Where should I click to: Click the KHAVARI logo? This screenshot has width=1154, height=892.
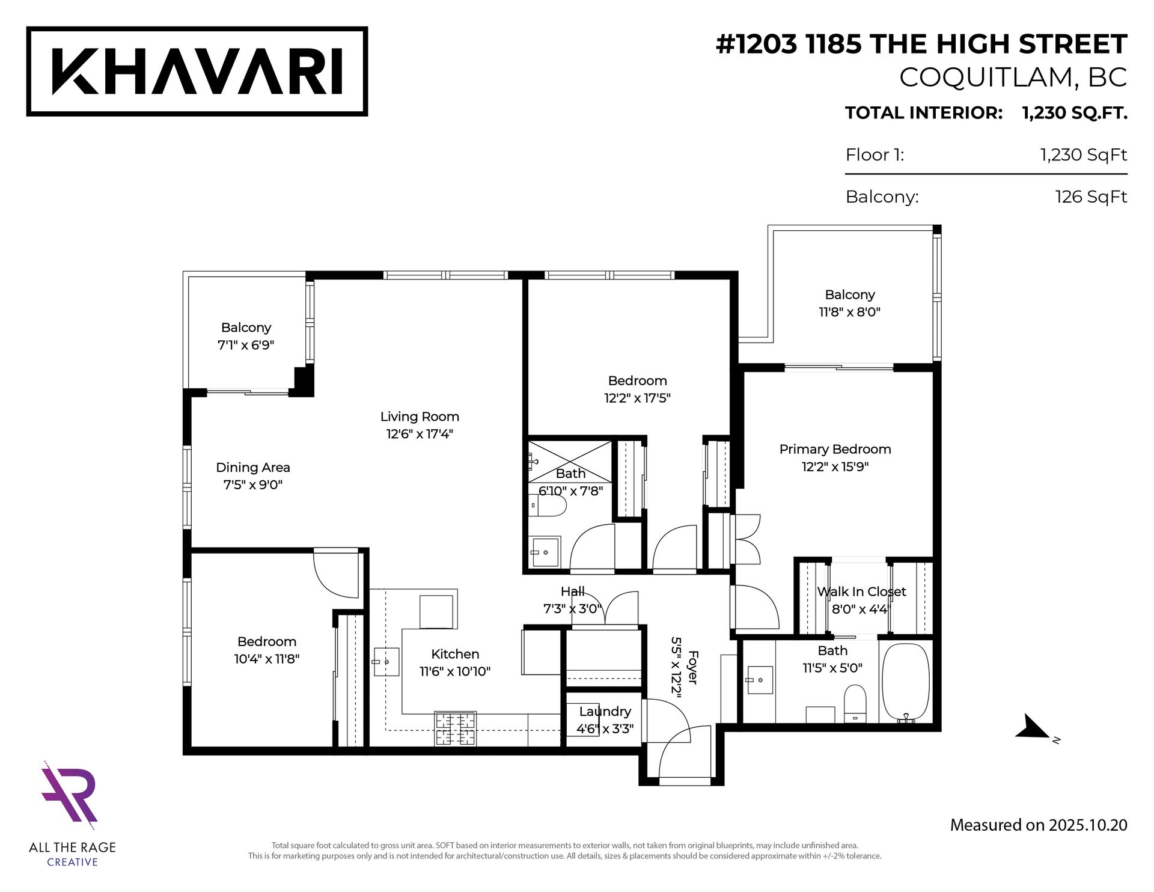(197, 71)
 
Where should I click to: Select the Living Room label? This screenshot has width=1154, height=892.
(420, 417)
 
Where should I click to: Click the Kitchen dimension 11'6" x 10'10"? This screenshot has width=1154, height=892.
(455, 671)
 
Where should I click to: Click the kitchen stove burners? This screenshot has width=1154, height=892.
(456, 729)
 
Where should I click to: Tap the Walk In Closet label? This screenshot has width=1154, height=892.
(861, 591)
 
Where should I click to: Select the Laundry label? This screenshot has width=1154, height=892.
(605, 712)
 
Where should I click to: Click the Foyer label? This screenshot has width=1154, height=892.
(692, 667)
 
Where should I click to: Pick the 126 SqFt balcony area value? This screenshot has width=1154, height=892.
(1091, 197)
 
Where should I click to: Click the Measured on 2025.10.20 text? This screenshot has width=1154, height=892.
(1039, 825)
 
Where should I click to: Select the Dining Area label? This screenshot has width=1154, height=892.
(253, 467)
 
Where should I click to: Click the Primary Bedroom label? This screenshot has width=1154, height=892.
(835, 449)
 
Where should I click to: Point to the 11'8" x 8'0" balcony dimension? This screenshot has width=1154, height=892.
(849, 312)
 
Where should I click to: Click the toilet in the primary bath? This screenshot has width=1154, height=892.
(855, 704)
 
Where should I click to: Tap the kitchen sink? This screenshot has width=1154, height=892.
(386, 662)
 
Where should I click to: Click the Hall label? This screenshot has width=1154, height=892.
(572, 591)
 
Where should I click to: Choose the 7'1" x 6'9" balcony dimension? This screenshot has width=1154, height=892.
(246, 345)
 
